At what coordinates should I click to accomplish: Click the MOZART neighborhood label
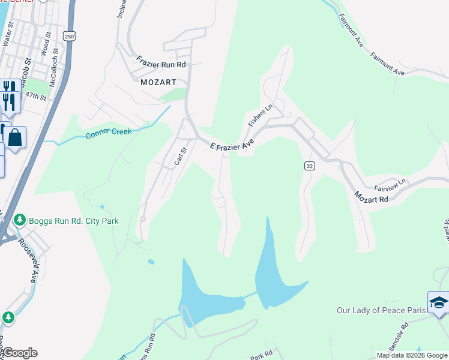[158, 82]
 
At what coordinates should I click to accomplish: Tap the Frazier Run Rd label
[161, 61]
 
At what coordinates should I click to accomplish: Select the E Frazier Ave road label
[232, 145]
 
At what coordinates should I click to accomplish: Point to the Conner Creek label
[109, 132]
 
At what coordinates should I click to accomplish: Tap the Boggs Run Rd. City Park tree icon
[20, 221]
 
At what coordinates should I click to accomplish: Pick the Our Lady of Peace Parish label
[381, 310]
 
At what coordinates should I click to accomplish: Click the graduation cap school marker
[438, 304]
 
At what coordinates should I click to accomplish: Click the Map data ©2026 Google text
[411, 355]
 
